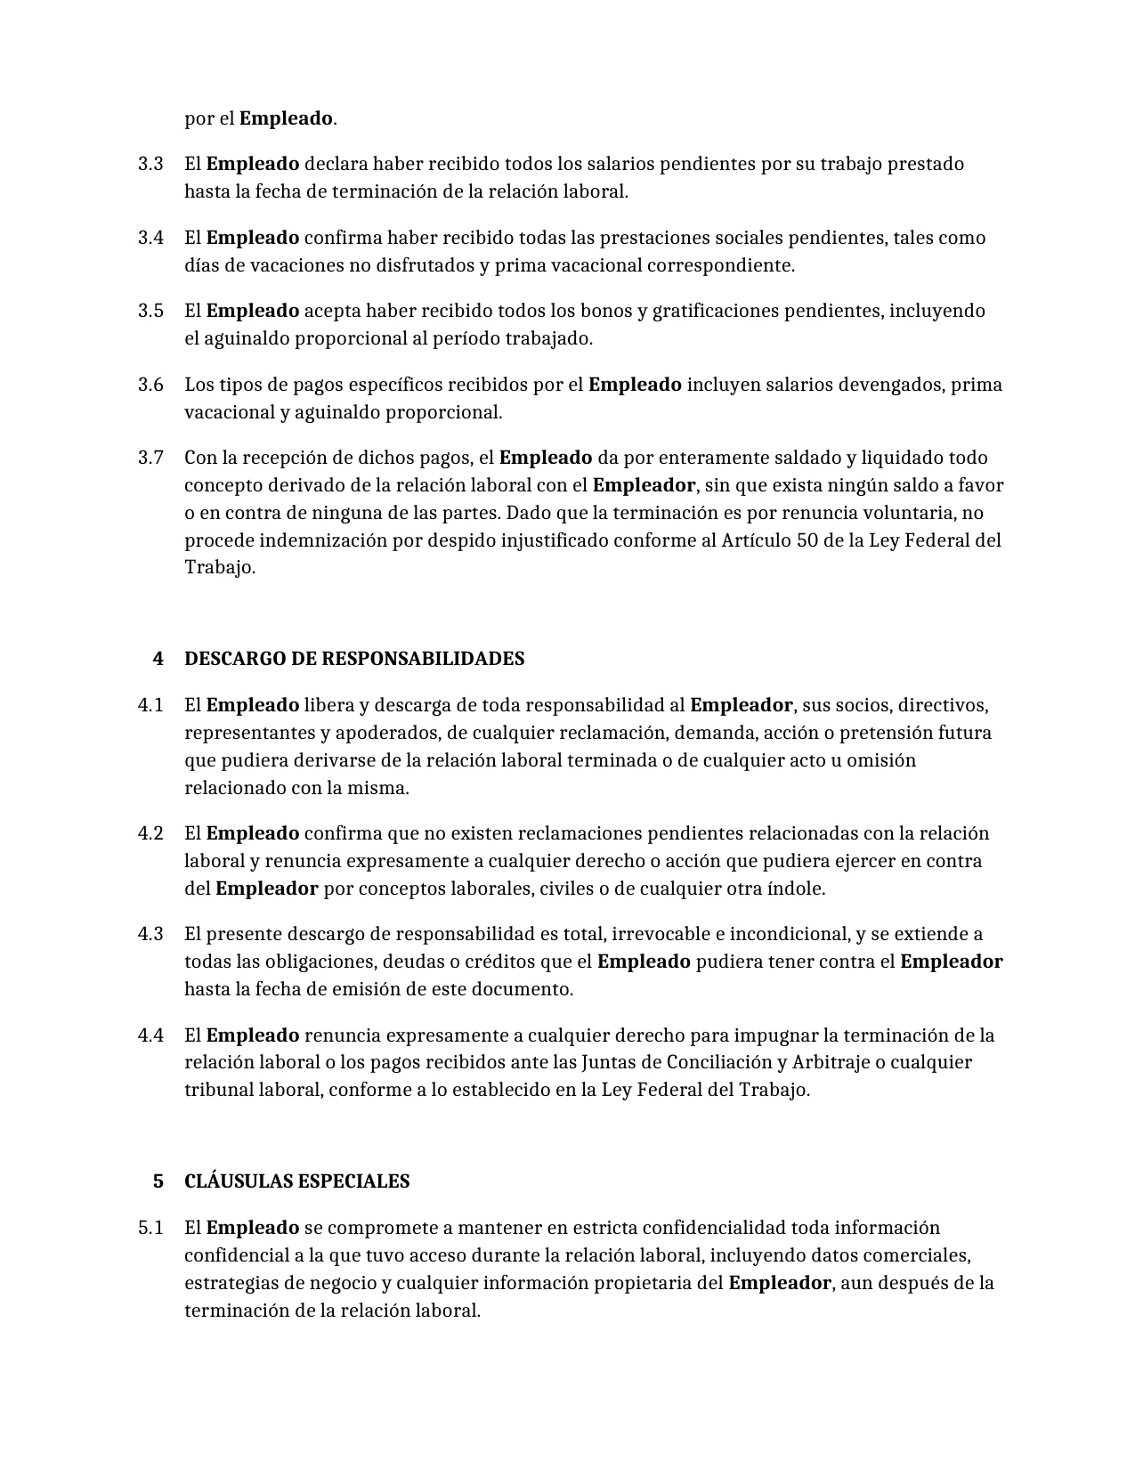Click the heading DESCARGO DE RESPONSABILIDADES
click(353, 659)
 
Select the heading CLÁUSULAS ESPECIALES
click(296, 1181)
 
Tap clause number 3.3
click(150, 164)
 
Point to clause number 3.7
click(150, 458)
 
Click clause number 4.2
click(150, 833)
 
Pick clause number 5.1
click(150, 1228)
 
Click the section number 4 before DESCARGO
click(158, 659)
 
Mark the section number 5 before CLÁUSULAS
click(158, 1181)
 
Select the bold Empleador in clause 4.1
click(741, 705)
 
